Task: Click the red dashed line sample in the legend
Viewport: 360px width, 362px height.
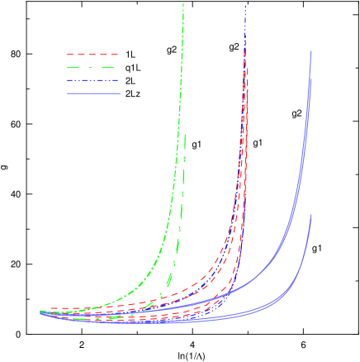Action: coord(92,55)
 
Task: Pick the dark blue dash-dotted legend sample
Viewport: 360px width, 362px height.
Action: coord(92,81)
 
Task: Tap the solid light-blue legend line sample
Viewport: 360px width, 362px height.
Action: coord(93,94)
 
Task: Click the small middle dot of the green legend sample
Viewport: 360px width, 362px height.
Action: coord(92,68)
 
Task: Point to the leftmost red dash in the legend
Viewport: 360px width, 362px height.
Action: coord(72,55)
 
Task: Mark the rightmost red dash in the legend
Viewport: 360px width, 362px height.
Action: coord(112,55)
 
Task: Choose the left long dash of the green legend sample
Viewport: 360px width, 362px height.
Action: coord(75,68)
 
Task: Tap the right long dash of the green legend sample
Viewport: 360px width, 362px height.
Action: coord(108,68)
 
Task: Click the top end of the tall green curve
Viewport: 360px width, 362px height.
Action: coord(183,4)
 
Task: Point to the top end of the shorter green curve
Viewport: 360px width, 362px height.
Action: coord(185,135)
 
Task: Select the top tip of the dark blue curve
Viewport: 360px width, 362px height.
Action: coord(244,7)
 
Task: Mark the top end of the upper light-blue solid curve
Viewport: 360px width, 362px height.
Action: coord(311,51)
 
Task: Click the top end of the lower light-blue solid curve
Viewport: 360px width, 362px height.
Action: coord(311,215)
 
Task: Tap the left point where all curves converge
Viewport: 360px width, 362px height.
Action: coord(41,312)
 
